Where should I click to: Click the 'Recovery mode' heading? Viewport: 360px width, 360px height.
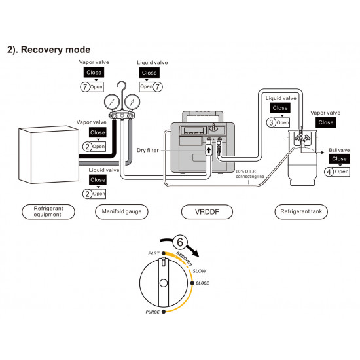48,50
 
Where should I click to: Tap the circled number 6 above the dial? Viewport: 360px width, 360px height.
180,242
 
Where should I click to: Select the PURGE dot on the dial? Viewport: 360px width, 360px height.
164,312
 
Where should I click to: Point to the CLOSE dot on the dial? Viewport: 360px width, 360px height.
192,283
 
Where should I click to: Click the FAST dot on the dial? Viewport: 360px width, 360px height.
164,253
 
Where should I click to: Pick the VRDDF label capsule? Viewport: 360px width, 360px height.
207,211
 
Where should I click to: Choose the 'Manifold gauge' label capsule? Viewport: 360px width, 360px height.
122,211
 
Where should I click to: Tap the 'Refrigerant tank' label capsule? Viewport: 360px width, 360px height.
301,211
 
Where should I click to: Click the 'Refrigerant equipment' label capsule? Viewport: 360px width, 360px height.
48,211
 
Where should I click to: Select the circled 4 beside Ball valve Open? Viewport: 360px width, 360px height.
329,171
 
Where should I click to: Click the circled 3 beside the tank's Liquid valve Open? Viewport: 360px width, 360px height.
271,122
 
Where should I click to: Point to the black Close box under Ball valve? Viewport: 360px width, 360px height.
339,158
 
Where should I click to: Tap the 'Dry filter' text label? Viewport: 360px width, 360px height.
148,150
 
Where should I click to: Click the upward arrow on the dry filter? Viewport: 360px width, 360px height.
209,151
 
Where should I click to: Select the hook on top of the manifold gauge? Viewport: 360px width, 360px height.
122,88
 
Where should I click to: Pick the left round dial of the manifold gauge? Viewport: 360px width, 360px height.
112,101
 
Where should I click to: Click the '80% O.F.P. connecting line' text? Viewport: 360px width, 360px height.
250,174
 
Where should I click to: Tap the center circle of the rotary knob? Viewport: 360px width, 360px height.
164,283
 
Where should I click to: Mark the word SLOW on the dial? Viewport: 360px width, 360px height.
199,271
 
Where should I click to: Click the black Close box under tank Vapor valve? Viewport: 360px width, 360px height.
326,122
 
